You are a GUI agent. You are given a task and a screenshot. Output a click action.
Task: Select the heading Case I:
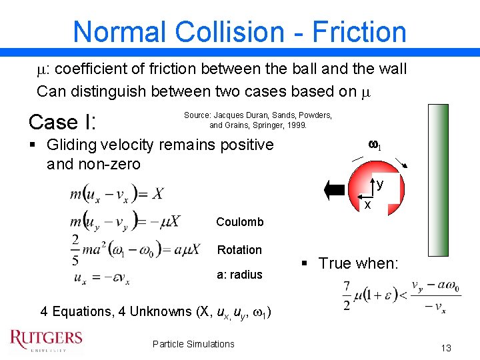pyautogui.click(x=63, y=121)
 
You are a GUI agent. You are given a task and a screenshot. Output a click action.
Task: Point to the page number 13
pyautogui.click(x=446, y=348)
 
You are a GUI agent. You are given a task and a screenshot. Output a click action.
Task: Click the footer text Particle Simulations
pyautogui.click(x=193, y=344)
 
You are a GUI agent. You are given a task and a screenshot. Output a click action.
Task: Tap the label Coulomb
pyautogui.click(x=240, y=222)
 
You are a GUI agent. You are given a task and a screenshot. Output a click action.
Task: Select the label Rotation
pyautogui.click(x=239, y=250)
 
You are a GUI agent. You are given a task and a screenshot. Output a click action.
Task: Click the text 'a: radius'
pyautogui.click(x=240, y=274)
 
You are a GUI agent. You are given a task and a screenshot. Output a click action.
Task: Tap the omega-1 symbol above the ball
pyautogui.click(x=375, y=145)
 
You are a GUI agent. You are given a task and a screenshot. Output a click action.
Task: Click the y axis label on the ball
pyautogui.click(x=379, y=184)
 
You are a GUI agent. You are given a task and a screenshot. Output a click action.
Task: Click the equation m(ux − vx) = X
pyautogui.click(x=116, y=194)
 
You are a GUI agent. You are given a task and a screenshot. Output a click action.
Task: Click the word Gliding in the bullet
pyautogui.click(x=73, y=145)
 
